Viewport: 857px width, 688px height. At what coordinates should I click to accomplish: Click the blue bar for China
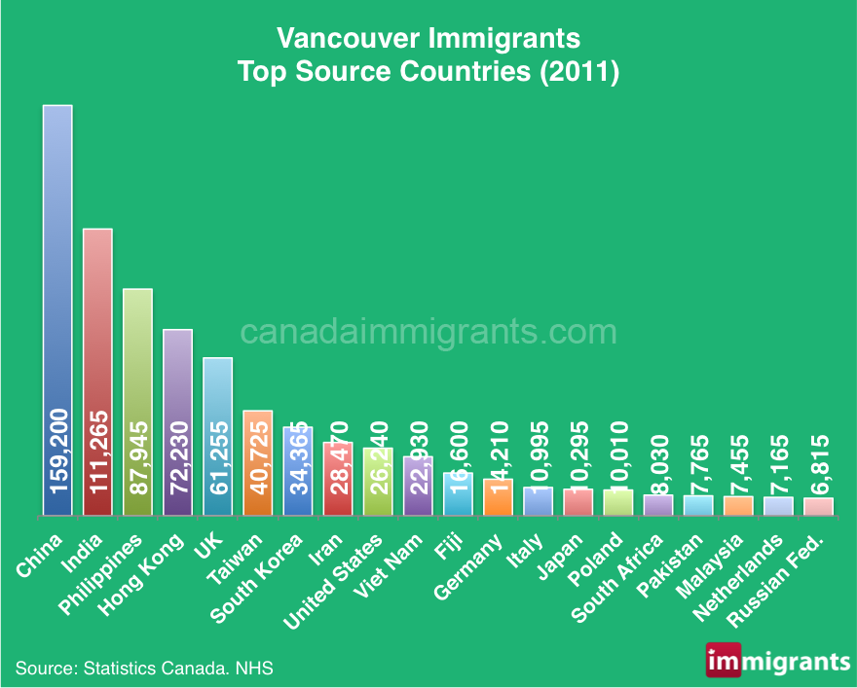[x=56, y=292]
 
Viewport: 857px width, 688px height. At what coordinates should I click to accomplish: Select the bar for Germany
[x=498, y=496]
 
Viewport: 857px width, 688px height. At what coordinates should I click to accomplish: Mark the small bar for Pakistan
[x=698, y=505]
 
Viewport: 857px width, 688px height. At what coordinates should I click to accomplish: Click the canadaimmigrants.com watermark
[x=428, y=332]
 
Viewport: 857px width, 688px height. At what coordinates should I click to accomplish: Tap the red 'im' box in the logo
[x=723, y=661]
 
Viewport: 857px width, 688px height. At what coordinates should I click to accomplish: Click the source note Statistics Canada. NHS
[x=144, y=669]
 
